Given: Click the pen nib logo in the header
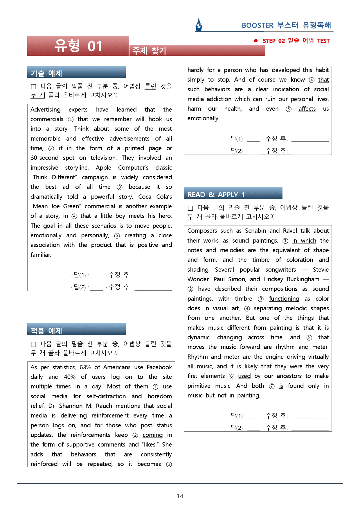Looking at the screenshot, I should point(199,24).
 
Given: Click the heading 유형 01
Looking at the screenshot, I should point(78,46).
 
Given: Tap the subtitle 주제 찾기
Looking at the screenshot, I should point(149,51).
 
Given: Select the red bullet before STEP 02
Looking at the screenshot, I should point(256,41).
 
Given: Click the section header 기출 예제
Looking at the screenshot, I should point(46,73).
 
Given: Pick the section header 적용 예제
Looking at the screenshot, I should point(46,331).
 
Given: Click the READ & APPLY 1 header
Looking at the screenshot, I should point(216,194).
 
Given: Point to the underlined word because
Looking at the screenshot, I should point(139,187).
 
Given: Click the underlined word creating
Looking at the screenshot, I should point(135,235).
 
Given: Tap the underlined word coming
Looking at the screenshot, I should point(152,435).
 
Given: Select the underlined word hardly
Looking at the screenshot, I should point(195,70).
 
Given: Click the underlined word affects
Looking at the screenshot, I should point(307,109).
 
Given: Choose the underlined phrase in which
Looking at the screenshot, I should point(304,241).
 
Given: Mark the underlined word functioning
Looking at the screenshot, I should point(284,299).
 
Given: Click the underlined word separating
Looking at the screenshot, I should point(268,308).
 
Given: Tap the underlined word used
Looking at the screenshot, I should point(244,376).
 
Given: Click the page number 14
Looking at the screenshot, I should point(180,496).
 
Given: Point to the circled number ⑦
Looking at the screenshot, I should point(272,386).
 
